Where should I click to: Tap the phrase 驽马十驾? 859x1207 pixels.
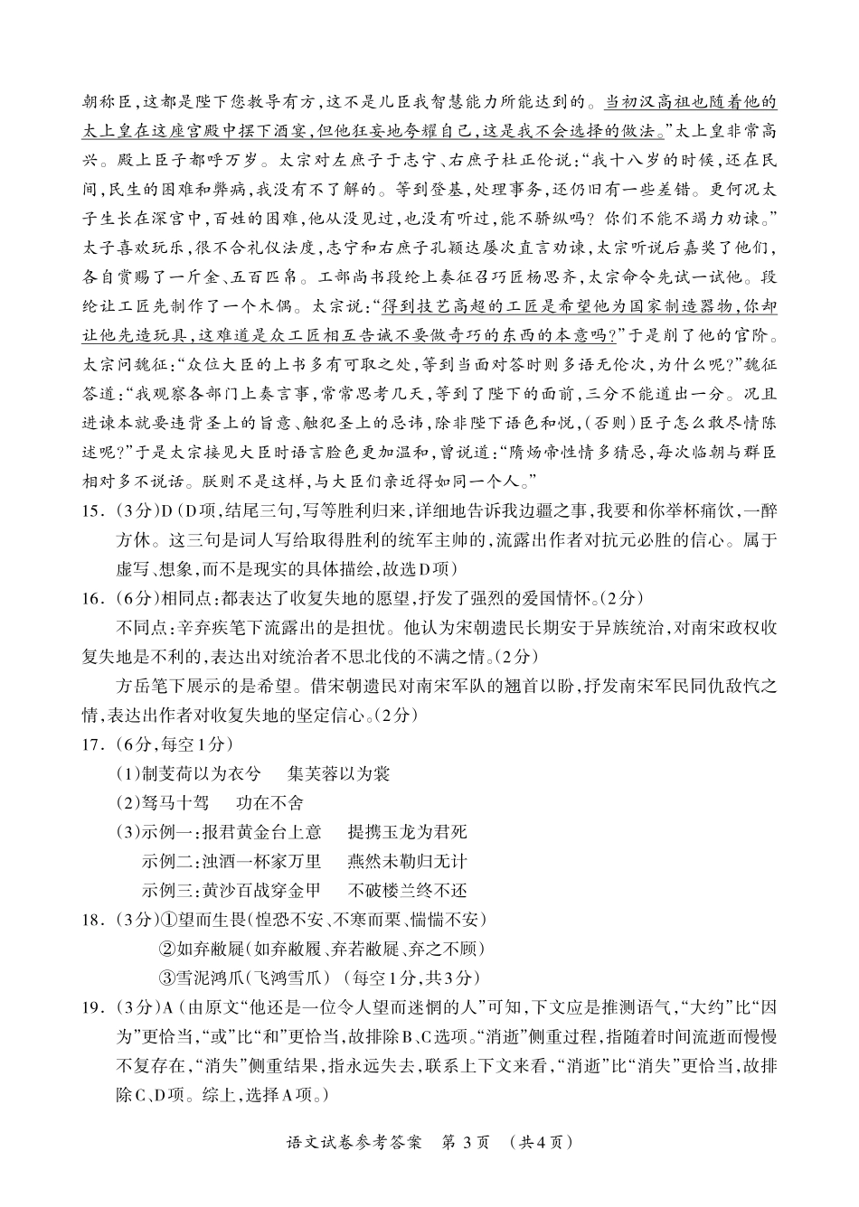click(179, 802)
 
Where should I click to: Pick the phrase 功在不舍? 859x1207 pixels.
click(269, 802)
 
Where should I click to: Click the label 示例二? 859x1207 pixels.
click(171, 861)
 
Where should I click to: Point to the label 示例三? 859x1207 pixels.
click(171, 890)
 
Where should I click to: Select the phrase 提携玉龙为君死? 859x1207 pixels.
click(407, 832)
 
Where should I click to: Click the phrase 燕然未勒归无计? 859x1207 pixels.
click(407, 861)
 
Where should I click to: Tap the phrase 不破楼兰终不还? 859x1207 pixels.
click(407, 890)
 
